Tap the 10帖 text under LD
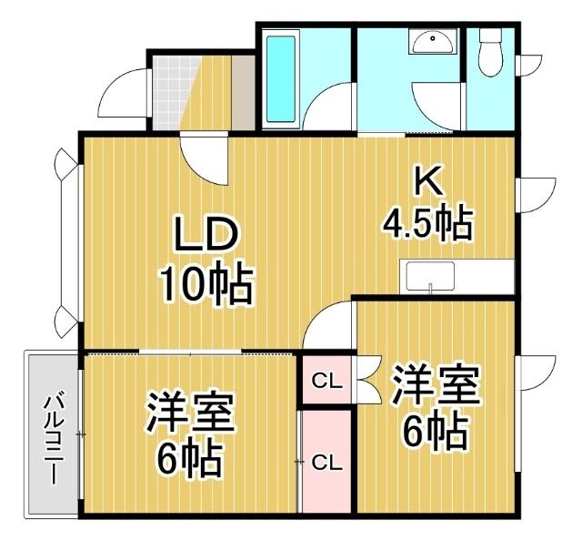click(207, 283)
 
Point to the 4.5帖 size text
click(428, 222)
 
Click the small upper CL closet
click(327, 382)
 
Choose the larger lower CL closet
click(326, 463)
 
